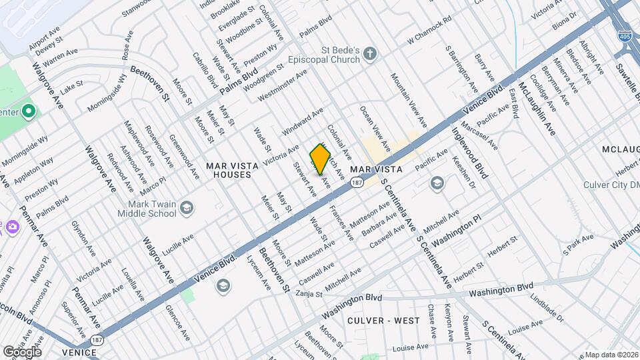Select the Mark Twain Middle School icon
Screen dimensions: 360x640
(186, 208)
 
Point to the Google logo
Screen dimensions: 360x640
(22, 351)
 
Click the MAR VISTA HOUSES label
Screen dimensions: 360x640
(228, 169)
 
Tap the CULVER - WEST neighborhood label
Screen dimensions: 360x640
(384, 321)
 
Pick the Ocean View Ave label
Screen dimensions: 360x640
(374, 127)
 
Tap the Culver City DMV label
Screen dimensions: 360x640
(611, 184)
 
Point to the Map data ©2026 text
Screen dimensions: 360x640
(611, 355)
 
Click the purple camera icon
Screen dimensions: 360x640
(12, 227)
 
